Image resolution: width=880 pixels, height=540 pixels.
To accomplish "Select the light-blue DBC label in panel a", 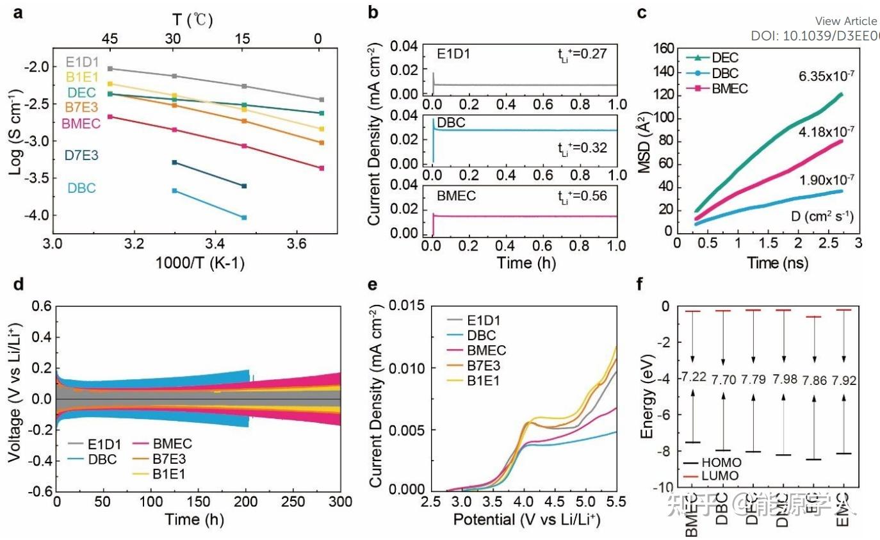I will point(81,188).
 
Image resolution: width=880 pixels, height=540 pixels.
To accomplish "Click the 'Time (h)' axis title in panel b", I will point(524,263).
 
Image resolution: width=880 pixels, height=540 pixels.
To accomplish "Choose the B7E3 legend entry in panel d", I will point(172,459).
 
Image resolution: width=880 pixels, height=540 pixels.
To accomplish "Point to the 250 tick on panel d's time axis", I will point(293,501).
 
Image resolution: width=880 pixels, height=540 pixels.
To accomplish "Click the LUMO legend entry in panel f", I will point(719,476).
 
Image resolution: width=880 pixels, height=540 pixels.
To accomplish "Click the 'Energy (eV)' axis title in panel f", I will point(648,398).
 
